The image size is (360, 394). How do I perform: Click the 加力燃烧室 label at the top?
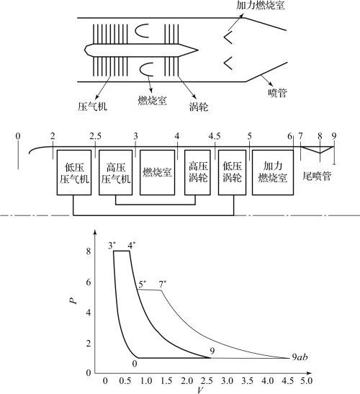[x=261, y=5]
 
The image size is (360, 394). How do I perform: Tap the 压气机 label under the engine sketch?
[x=92, y=107]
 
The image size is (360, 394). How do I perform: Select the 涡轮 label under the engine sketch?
[x=199, y=107]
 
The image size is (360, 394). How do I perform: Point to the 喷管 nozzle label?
[x=277, y=93]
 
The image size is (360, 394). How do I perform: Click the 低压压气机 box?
[x=74, y=172]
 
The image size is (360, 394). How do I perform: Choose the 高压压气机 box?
[x=116, y=172]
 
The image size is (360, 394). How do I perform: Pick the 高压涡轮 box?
[x=197, y=172]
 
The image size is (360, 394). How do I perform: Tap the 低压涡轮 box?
[x=232, y=172]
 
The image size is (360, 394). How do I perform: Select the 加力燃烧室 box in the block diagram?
[x=273, y=172]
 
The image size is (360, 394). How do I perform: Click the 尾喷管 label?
[x=317, y=176]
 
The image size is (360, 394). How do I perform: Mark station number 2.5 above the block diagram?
[x=96, y=136]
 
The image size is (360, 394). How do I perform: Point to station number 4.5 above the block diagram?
[x=215, y=136]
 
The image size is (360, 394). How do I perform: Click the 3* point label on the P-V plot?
[x=112, y=245]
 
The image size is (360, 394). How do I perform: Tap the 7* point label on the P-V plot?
[x=163, y=285]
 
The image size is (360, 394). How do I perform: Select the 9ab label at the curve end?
[x=300, y=357]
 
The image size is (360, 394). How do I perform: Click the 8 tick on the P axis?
[x=88, y=251]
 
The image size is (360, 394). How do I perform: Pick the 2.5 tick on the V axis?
[x=207, y=380]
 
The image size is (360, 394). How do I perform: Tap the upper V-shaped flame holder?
[x=228, y=37]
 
